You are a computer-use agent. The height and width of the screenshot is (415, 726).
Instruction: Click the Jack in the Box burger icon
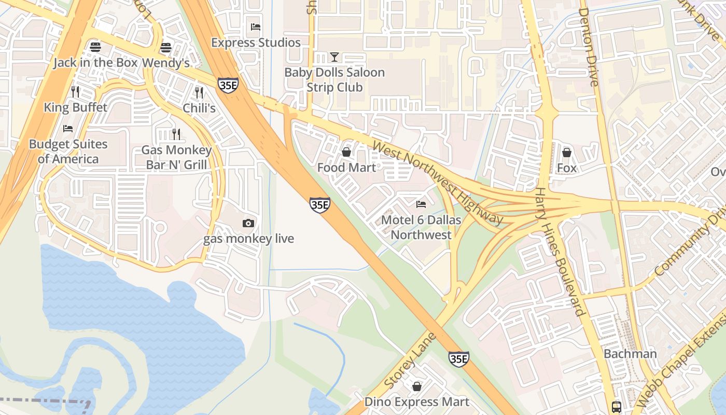(95, 47)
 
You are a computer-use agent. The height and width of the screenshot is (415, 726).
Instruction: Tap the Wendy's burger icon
(166, 48)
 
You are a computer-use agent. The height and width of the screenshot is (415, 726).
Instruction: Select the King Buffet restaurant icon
(76, 92)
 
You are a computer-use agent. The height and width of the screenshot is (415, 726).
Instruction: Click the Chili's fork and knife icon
(199, 92)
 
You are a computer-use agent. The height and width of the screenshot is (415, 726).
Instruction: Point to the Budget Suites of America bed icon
(68, 128)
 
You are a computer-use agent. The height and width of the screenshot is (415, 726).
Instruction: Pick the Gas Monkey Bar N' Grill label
(176, 158)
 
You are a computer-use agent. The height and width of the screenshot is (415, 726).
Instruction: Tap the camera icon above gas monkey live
(248, 223)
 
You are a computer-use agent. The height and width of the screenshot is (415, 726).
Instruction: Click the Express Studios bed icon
(255, 27)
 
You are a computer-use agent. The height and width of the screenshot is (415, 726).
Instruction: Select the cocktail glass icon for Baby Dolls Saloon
(334, 57)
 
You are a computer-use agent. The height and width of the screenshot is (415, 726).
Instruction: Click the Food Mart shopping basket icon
(346, 152)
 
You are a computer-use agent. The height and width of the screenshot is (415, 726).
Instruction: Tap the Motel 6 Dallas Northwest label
(421, 227)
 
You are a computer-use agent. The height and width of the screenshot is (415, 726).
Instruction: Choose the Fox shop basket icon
(567, 153)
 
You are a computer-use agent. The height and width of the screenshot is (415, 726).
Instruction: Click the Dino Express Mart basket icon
(416, 386)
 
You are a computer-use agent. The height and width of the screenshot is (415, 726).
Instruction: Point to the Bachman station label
(630, 354)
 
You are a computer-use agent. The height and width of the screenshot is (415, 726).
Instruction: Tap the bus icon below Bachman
(617, 407)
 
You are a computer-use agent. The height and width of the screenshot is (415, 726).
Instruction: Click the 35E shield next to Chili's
(228, 85)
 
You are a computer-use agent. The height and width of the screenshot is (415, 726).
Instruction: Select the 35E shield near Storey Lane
(459, 358)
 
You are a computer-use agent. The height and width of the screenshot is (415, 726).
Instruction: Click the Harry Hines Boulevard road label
(560, 252)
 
